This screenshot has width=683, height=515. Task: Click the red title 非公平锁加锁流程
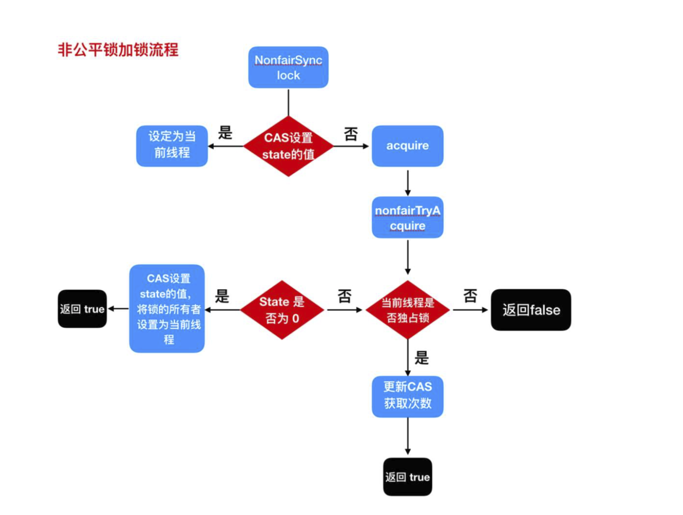click(118, 50)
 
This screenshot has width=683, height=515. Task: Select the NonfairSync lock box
click(288, 68)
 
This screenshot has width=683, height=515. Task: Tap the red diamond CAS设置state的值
click(288, 146)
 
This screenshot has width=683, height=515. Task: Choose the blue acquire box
click(407, 146)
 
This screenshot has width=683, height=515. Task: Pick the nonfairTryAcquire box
click(407, 218)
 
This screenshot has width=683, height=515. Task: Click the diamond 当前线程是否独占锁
click(407, 310)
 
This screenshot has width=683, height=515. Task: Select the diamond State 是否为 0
click(282, 310)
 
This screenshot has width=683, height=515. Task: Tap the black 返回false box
click(531, 310)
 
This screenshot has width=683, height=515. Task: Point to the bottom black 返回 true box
click(407, 477)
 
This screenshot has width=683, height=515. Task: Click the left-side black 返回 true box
click(82, 309)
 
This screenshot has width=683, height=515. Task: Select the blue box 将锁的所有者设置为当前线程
click(167, 309)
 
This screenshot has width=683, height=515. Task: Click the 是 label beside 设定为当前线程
click(225, 133)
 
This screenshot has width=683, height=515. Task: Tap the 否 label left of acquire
click(351, 134)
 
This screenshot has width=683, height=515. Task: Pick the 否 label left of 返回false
click(470, 296)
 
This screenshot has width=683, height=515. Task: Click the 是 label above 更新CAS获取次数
click(422, 358)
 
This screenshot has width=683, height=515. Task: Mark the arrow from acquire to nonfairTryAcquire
click(408, 183)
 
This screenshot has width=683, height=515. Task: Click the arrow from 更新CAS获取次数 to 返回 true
click(408, 436)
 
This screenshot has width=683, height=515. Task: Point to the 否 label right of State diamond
click(345, 296)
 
